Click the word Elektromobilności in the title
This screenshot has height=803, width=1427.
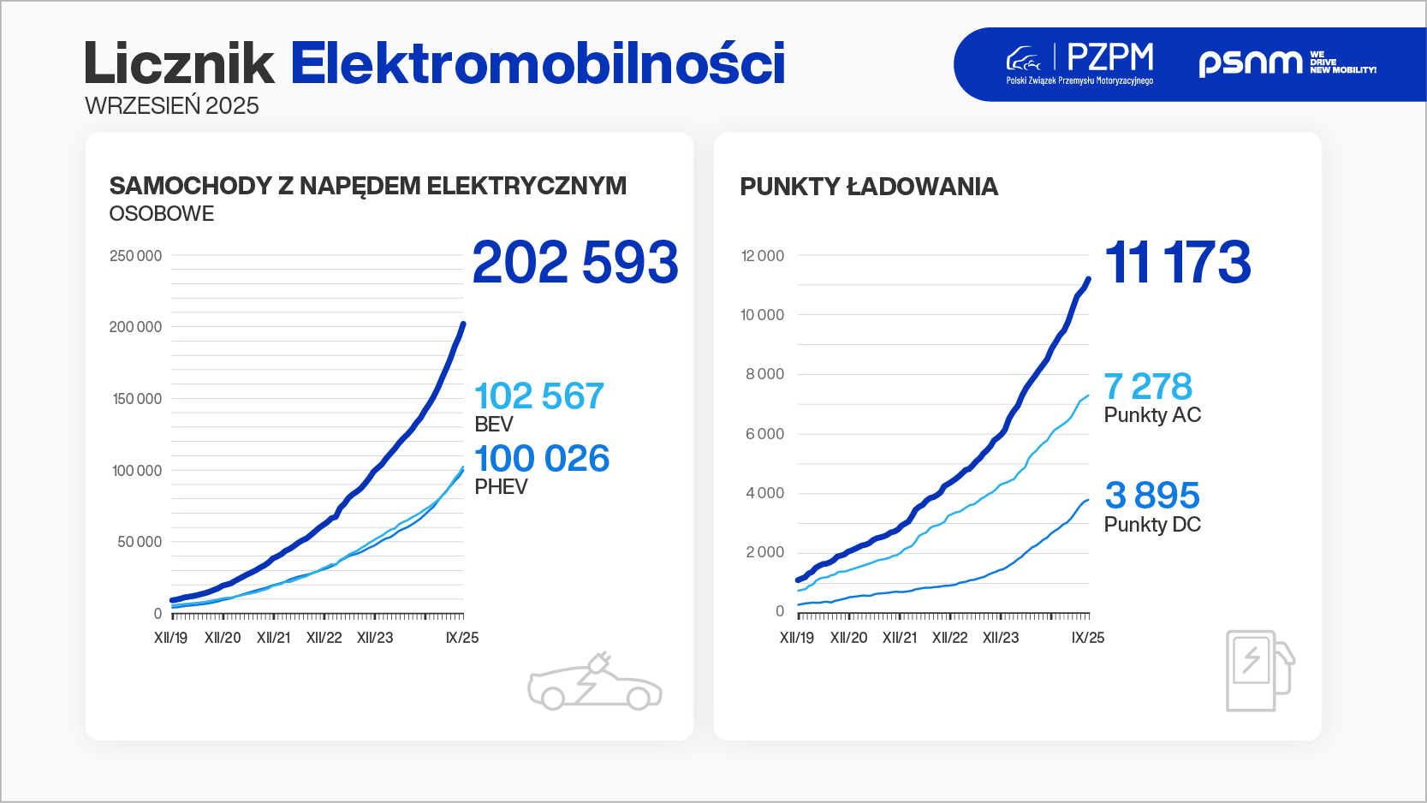pyautogui.click(x=538, y=63)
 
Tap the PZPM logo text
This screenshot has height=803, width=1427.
pyautogui.click(x=1109, y=57)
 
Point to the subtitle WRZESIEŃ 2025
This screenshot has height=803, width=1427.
pyautogui.click(x=172, y=106)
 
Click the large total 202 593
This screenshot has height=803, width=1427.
pyautogui.click(x=575, y=262)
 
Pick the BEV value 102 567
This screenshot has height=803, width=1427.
pyautogui.click(x=539, y=396)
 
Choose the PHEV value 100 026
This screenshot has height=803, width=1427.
pyautogui.click(x=542, y=458)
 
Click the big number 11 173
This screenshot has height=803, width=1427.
pyautogui.click(x=1178, y=262)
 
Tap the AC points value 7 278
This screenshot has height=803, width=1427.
pyautogui.click(x=1148, y=386)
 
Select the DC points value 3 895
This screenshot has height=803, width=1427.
pyautogui.click(x=1152, y=495)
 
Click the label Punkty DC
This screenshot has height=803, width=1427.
pyautogui.click(x=1152, y=525)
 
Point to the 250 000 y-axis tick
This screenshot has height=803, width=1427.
pyautogui.click(x=136, y=256)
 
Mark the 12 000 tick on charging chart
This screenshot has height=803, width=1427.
pyautogui.click(x=763, y=256)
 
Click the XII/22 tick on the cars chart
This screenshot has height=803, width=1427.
pyautogui.click(x=324, y=638)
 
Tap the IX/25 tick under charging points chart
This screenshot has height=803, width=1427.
pyautogui.click(x=1088, y=638)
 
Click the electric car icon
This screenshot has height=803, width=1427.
pyautogui.click(x=595, y=682)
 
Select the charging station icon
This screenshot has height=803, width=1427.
pyautogui.click(x=1260, y=670)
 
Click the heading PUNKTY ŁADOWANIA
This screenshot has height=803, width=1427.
pyautogui.click(x=869, y=187)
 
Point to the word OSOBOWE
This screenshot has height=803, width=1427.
pyautogui.click(x=161, y=213)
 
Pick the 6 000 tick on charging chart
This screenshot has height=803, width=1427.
pyautogui.click(x=765, y=434)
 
